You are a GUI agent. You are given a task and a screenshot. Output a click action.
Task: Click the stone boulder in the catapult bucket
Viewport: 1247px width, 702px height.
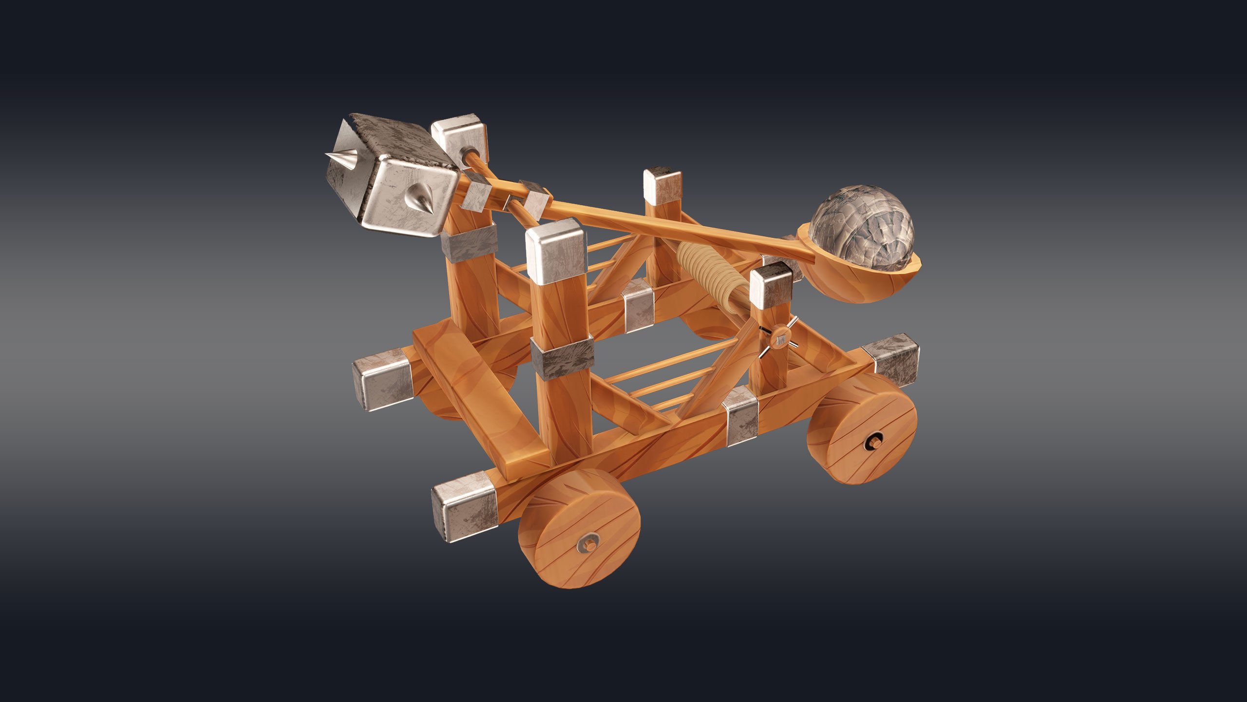coord(861,228)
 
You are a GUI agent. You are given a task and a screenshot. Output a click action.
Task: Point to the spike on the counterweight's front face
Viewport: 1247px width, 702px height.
coord(420,198)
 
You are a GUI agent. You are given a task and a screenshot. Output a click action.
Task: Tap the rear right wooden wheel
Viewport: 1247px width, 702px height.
coord(862,429)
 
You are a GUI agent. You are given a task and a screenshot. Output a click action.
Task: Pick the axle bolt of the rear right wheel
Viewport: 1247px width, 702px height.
coord(872,442)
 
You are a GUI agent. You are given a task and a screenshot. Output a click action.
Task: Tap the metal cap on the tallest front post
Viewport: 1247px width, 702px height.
coord(556,251)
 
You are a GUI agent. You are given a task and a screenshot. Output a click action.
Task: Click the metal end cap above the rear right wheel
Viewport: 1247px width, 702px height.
coord(891,358)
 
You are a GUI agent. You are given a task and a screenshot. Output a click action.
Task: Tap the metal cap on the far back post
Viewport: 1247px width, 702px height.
coord(662,185)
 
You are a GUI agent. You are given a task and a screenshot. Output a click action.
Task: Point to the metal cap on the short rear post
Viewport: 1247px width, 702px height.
coord(771,285)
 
